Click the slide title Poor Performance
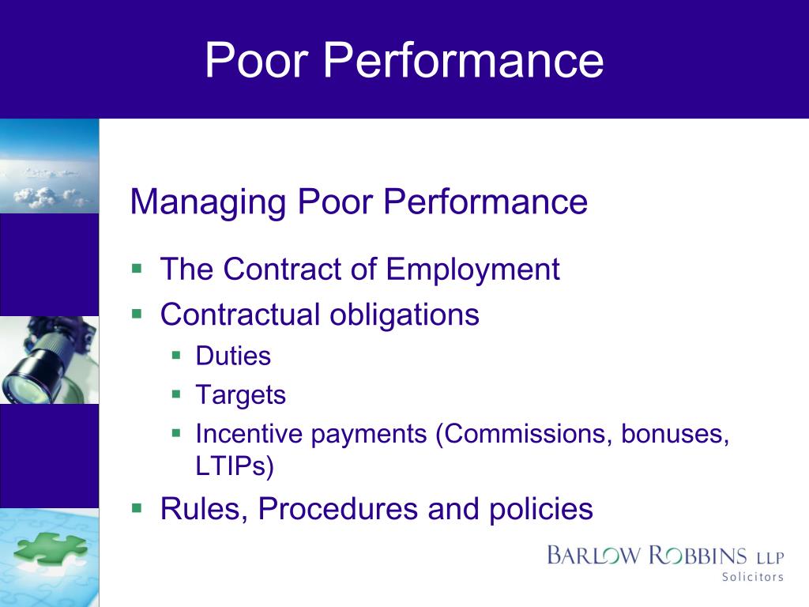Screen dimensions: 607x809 (x=404, y=60)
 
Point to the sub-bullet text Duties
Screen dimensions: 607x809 (x=233, y=356)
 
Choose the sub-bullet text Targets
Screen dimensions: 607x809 (x=240, y=394)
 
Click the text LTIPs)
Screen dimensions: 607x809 (x=234, y=466)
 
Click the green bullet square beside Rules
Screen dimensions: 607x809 (x=137, y=506)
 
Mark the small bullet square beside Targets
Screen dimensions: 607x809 (x=177, y=393)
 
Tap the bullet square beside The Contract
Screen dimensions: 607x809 (x=137, y=267)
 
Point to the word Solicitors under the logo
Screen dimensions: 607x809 (x=752, y=577)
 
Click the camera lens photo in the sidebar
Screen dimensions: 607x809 (x=47, y=360)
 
